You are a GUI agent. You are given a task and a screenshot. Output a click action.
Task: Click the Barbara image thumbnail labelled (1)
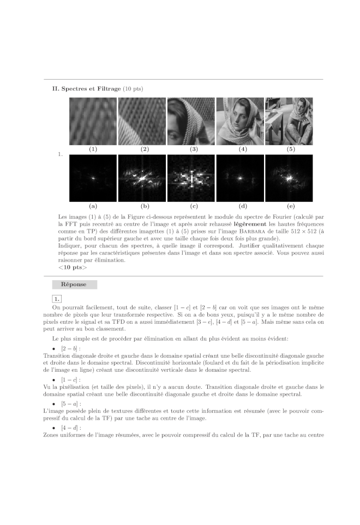(x=93, y=121)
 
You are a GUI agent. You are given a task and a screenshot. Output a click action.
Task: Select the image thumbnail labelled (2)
(x=142, y=121)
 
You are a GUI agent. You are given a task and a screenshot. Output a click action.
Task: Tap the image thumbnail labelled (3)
(x=191, y=121)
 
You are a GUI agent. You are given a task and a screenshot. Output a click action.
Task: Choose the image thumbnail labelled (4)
(x=240, y=121)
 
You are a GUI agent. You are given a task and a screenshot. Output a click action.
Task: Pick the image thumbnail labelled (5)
(x=289, y=121)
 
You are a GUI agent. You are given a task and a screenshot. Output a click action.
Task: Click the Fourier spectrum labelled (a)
(x=93, y=178)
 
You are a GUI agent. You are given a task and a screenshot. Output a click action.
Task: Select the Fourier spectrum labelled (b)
(x=142, y=178)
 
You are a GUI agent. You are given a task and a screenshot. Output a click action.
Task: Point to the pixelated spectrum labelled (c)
(x=191, y=178)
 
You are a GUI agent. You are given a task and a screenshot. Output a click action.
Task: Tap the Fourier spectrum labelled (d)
(x=240, y=178)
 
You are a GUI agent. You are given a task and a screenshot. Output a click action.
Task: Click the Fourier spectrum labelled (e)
(x=289, y=178)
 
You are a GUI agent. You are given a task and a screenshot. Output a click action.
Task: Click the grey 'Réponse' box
(x=74, y=285)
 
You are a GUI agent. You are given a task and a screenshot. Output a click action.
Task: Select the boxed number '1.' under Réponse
(x=57, y=298)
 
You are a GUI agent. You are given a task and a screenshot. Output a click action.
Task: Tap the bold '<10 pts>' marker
(x=72, y=267)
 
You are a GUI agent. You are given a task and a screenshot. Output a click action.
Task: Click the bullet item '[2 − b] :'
(x=71, y=348)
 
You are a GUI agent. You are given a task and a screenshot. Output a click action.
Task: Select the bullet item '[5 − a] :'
(x=71, y=403)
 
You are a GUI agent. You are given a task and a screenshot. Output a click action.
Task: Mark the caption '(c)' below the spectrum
(x=191, y=206)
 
